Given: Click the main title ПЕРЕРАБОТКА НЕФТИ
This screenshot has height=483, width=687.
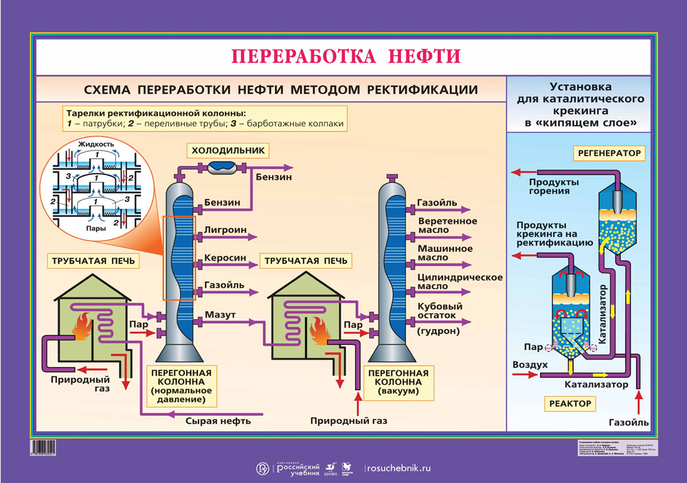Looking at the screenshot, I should click(x=346, y=56).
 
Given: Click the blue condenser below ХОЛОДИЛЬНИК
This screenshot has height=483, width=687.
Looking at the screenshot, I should click(x=223, y=166).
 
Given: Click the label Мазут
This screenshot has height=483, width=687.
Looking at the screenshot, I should click(x=219, y=315).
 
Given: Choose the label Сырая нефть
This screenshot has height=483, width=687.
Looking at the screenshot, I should click(x=218, y=420).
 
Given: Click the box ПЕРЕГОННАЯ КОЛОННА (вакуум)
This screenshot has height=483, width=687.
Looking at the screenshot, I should click(x=398, y=382).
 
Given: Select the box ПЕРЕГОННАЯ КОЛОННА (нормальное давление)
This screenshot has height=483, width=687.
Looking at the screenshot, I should click(x=178, y=385).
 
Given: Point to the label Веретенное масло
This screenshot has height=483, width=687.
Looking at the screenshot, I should click(x=447, y=225).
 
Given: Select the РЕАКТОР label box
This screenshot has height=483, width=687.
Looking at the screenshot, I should click(x=570, y=404).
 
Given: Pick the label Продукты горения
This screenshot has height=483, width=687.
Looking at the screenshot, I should click(x=553, y=186).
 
